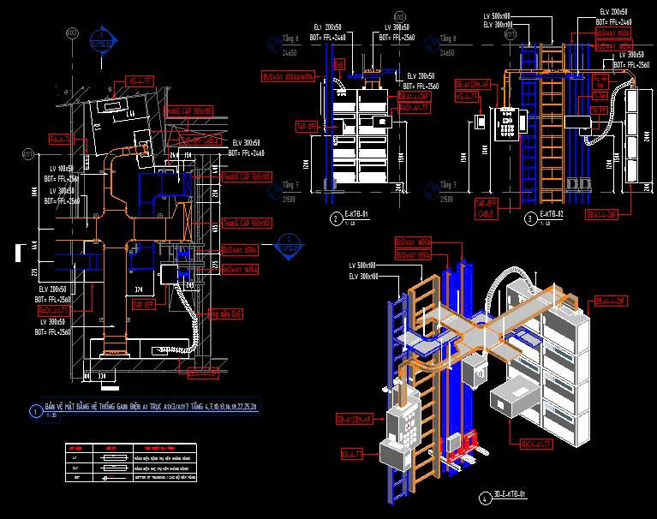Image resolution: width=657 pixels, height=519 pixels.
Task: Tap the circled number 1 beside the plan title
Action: pyautogui.click(x=35, y=411)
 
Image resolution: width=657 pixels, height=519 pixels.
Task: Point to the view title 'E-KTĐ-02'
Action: pyautogui.click(x=552, y=216)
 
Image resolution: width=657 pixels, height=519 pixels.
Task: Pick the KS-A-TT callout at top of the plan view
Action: pyautogui.click(x=140, y=80)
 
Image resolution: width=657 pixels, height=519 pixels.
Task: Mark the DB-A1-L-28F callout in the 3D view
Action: pyautogui.click(x=609, y=301)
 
